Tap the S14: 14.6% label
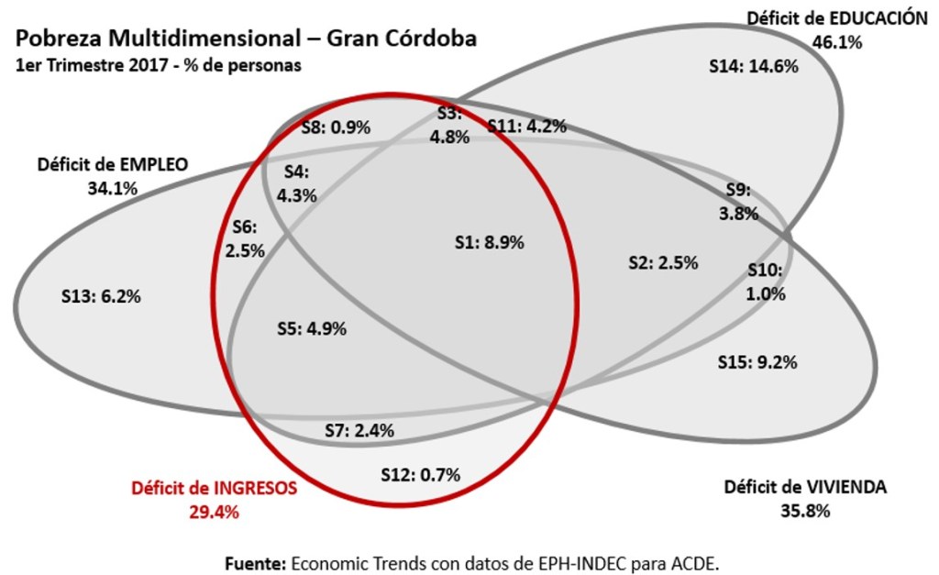754,66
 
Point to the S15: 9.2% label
757,361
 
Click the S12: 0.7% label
420,474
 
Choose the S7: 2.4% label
365,429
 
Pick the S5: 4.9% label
311,329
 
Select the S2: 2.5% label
663,262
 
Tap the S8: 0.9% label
336,127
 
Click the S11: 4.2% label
526,127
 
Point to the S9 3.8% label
738,203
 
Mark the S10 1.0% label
766,282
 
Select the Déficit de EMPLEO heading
113,166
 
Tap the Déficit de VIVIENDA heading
805,487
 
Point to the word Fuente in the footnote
256,561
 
